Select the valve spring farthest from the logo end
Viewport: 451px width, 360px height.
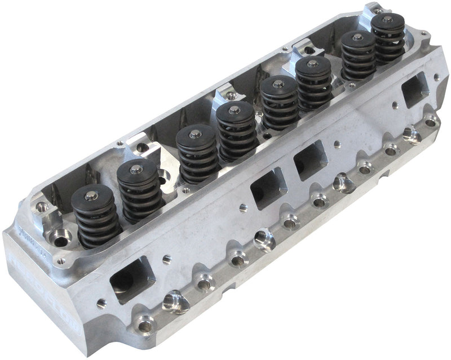(x=388, y=38)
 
